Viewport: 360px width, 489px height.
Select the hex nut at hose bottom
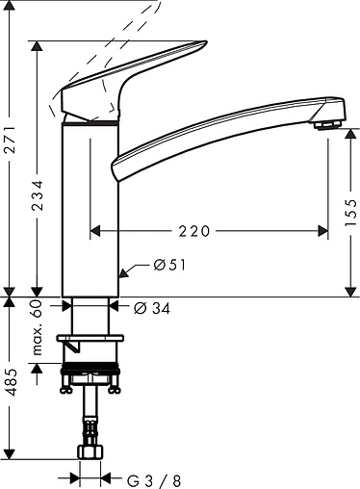coord(91,454)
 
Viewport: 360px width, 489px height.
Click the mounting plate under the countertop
coord(91,341)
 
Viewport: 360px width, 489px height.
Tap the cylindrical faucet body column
coord(91,212)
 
